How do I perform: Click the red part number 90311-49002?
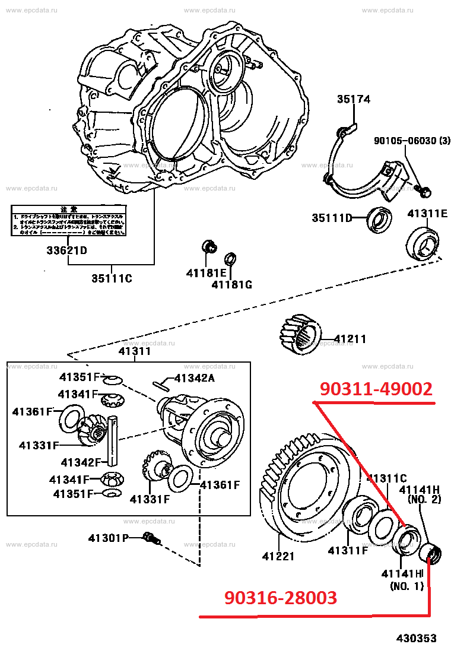[376, 389]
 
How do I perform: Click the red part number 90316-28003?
[281, 598]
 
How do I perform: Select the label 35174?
[354, 100]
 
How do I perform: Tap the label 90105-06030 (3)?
[412, 141]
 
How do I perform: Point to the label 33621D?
[67, 250]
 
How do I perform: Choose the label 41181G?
[231, 285]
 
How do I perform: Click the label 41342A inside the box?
[194, 377]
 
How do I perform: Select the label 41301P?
[108, 538]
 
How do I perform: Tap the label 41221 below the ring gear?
[278, 556]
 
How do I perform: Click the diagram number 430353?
[417, 639]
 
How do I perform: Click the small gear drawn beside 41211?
[300, 335]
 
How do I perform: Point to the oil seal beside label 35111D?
[377, 218]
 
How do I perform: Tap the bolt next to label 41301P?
[152, 539]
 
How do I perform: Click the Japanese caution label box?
[68, 221]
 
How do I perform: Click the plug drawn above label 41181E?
[208, 245]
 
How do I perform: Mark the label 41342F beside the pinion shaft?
[81, 462]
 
